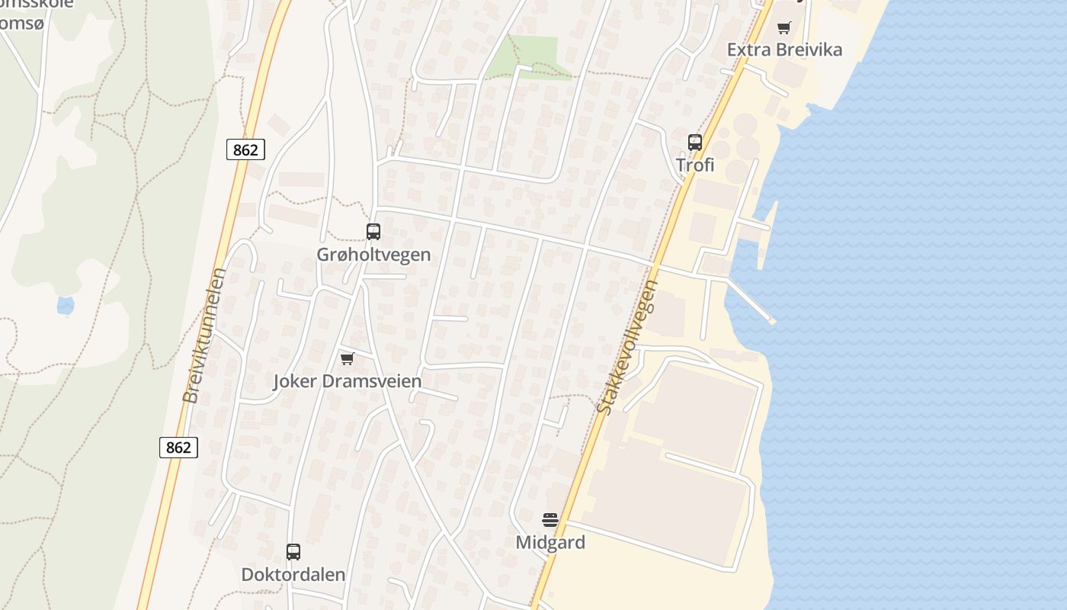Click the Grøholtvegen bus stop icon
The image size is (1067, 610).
[x=373, y=232]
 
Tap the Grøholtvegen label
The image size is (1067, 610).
[x=373, y=255]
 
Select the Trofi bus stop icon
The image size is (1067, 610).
[x=694, y=142]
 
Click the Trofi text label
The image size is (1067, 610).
[x=695, y=165]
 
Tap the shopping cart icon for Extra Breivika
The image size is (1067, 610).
[x=783, y=28]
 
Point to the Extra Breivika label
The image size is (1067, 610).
[x=784, y=50]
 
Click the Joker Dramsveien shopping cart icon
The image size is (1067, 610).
[x=348, y=358]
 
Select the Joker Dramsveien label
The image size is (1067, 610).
[x=348, y=381]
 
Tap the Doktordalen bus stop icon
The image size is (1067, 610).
[x=293, y=552]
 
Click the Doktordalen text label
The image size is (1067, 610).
[x=293, y=574]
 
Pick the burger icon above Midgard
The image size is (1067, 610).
[x=550, y=520]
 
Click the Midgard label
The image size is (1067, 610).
[x=550, y=543]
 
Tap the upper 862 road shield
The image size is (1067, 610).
[x=245, y=149]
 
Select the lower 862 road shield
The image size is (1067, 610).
[x=178, y=447]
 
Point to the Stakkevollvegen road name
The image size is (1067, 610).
[x=627, y=347]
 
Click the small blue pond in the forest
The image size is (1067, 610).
[x=66, y=306]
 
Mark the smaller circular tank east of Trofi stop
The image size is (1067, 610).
[x=720, y=149]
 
